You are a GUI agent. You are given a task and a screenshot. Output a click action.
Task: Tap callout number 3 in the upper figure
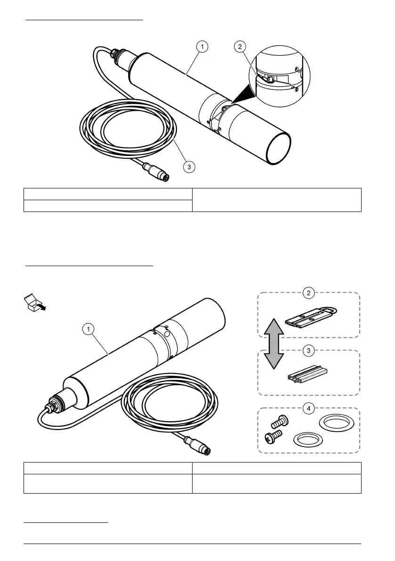pos(189,166)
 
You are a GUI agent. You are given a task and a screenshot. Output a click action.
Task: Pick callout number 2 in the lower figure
pos(308,293)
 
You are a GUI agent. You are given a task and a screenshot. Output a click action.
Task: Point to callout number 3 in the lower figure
pos(308,350)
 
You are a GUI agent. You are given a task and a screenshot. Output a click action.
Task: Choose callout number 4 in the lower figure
pos(308,408)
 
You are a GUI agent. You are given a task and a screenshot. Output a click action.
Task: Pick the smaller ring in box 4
pos(305,439)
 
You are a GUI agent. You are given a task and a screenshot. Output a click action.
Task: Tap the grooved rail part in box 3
pos(307,374)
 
